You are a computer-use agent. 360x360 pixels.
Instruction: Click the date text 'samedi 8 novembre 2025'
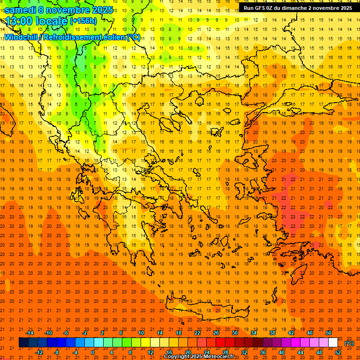[59, 10]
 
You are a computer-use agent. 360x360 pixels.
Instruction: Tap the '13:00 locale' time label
[36, 21]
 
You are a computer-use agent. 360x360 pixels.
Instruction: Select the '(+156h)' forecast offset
[83, 21]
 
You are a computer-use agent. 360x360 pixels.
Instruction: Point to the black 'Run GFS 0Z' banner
[298, 8]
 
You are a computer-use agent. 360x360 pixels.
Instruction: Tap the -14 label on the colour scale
[30, 332]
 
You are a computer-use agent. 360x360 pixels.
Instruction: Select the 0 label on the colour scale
[92, 352]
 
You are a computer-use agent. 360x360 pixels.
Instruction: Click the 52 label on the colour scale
[338, 352]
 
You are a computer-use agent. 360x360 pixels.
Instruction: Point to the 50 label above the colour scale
[329, 332]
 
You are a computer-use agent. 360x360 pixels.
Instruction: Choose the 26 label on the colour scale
[216, 332]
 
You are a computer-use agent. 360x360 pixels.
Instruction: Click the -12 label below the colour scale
[39, 352]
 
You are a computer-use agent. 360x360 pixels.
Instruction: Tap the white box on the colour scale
[333, 343]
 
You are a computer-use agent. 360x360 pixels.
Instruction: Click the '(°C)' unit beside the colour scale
[349, 343]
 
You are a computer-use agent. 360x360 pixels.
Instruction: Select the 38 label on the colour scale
[272, 332]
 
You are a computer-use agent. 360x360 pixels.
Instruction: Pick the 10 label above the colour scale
[141, 332]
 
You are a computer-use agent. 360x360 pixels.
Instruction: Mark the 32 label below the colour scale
[244, 352]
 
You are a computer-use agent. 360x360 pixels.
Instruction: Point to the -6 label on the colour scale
[66, 332]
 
